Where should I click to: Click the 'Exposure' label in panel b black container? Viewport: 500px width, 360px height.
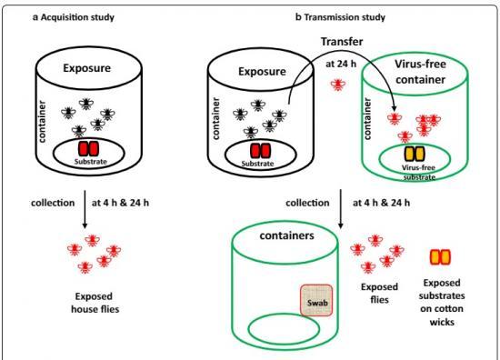pos(255,66)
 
